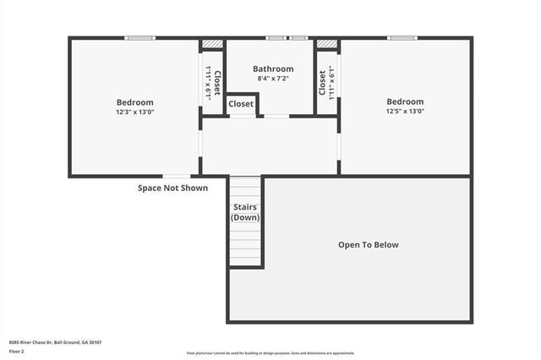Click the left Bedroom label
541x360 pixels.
[x=134, y=102]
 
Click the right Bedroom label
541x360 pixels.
[x=405, y=102]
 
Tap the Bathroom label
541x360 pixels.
[x=273, y=69]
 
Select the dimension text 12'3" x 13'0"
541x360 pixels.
[x=135, y=112]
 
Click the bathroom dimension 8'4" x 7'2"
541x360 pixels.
[x=273, y=79]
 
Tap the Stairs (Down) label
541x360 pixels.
[x=245, y=212]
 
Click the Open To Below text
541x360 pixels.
[x=368, y=245]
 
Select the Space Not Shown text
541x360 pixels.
[x=172, y=188]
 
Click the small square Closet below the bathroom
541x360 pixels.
[x=241, y=104]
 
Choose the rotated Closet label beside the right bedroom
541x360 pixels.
[x=322, y=82]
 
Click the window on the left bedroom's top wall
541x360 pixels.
[x=140, y=37]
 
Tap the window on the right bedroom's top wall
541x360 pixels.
[x=402, y=37]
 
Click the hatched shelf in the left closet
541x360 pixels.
[x=211, y=44]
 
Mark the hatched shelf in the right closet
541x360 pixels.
[x=326, y=44]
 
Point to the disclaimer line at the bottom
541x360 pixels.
[x=270, y=353]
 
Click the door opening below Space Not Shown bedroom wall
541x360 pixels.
[x=175, y=176]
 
